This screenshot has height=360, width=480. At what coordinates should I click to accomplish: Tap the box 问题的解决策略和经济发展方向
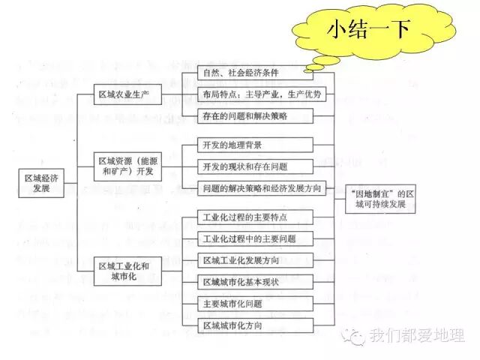[262, 188]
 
